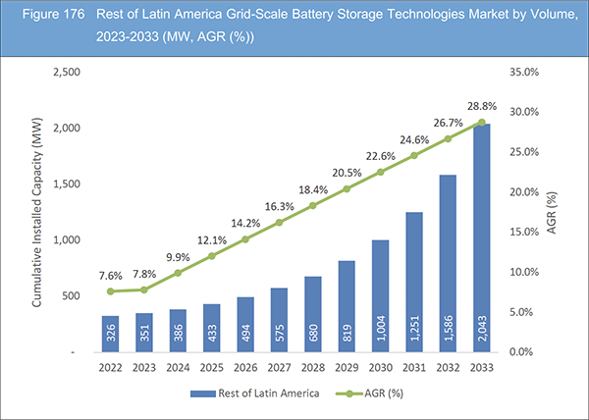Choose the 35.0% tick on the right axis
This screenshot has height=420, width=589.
coord(526,73)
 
